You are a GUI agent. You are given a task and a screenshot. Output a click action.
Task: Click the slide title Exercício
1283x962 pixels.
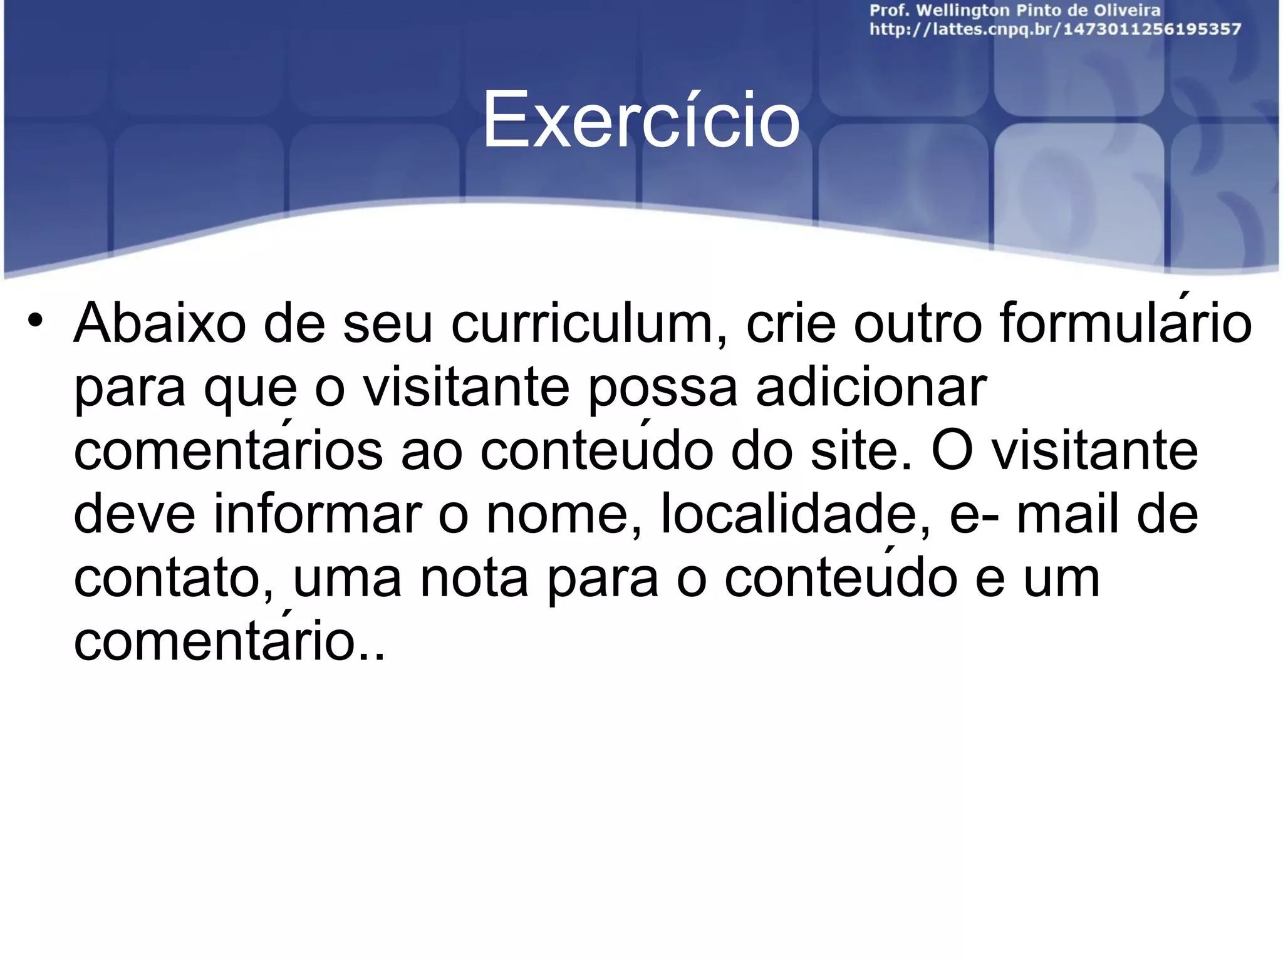pyautogui.click(x=640, y=120)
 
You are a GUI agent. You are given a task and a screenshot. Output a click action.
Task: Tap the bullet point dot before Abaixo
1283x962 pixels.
pyautogui.click(x=35, y=321)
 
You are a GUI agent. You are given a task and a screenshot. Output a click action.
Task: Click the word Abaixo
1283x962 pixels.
pyautogui.click(x=160, y=324)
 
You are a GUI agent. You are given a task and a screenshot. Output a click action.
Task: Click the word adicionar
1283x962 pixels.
pyautogui.click(x=871, y=388)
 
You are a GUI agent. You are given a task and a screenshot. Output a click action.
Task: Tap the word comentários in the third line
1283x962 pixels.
pyautogui.click(x=228, y=451)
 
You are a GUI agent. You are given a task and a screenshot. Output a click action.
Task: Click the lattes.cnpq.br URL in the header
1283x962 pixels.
pyautogui.click(x=1055, y=29)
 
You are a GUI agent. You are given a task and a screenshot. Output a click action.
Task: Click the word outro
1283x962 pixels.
pyautogui.click(x=918, y=324)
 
